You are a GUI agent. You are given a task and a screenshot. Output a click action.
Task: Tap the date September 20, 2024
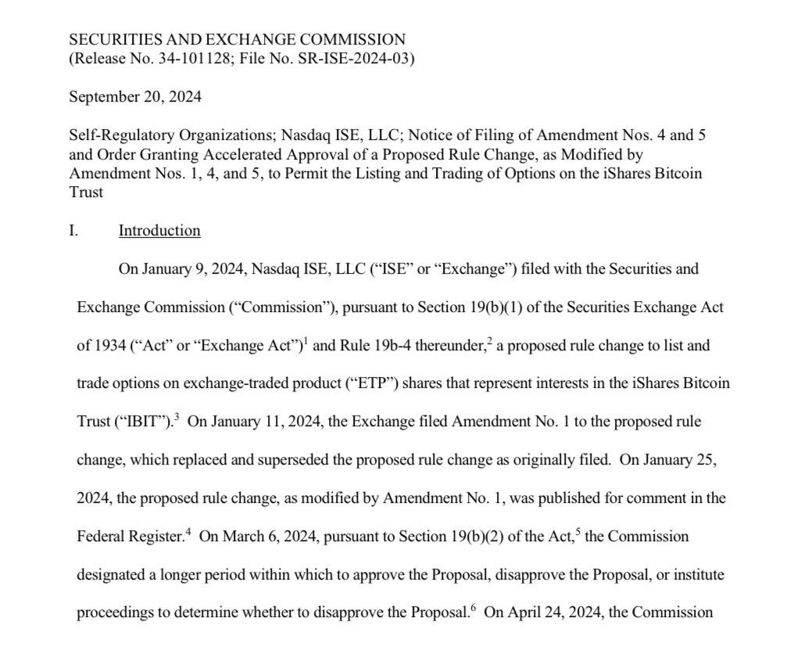point(134,98)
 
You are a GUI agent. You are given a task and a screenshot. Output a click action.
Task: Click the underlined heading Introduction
point(159,230)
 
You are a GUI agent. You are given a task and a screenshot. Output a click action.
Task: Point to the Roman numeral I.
point(73,230)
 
